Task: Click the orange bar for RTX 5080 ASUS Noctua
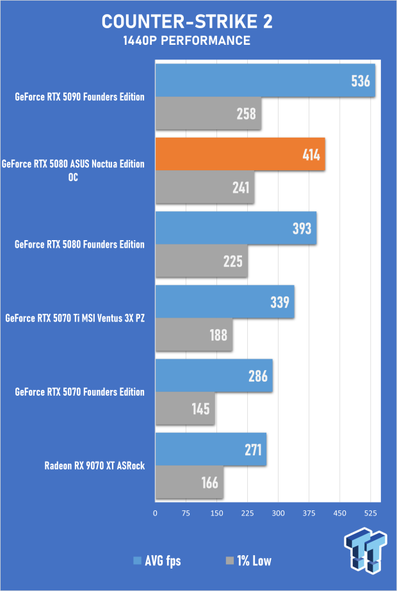[x=240, y=154]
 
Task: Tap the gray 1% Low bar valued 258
[x=208, y=114]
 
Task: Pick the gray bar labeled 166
[x=189, y=483]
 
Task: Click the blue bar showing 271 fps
[x=211, y=449]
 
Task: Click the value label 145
[x=200, y=409]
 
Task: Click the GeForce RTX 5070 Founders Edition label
[x=79, y=392]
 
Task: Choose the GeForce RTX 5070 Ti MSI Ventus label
[x=74, y=318]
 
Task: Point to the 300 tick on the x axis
[x=278, y=512]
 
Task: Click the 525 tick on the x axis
[x=370, y=512]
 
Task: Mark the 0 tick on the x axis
[x=155, y=512]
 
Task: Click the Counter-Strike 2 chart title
[x=187, y=22]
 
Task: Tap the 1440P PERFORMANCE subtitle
[x=187, y=41]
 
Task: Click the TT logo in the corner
[x=366, y=551]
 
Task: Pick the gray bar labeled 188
[x=193, y=335]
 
